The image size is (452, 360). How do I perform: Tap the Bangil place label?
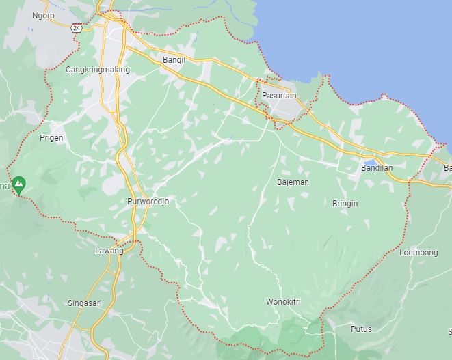pos(174,60)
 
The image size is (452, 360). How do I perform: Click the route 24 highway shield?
pos(77,28)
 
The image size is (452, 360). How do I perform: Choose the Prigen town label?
pos(51,137)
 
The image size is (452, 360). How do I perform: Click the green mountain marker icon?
pos(19,184)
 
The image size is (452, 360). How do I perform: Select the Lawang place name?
pos(109,251)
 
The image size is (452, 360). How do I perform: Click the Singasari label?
pos(85,303)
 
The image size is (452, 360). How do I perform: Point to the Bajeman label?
pos(293,182)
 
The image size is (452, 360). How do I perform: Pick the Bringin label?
pos(345,204)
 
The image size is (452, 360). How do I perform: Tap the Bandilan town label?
pos(377,167)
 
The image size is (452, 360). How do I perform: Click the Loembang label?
pos(418,253)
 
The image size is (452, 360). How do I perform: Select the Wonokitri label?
pos(283,301)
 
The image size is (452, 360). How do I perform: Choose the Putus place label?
pos(361,329)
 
